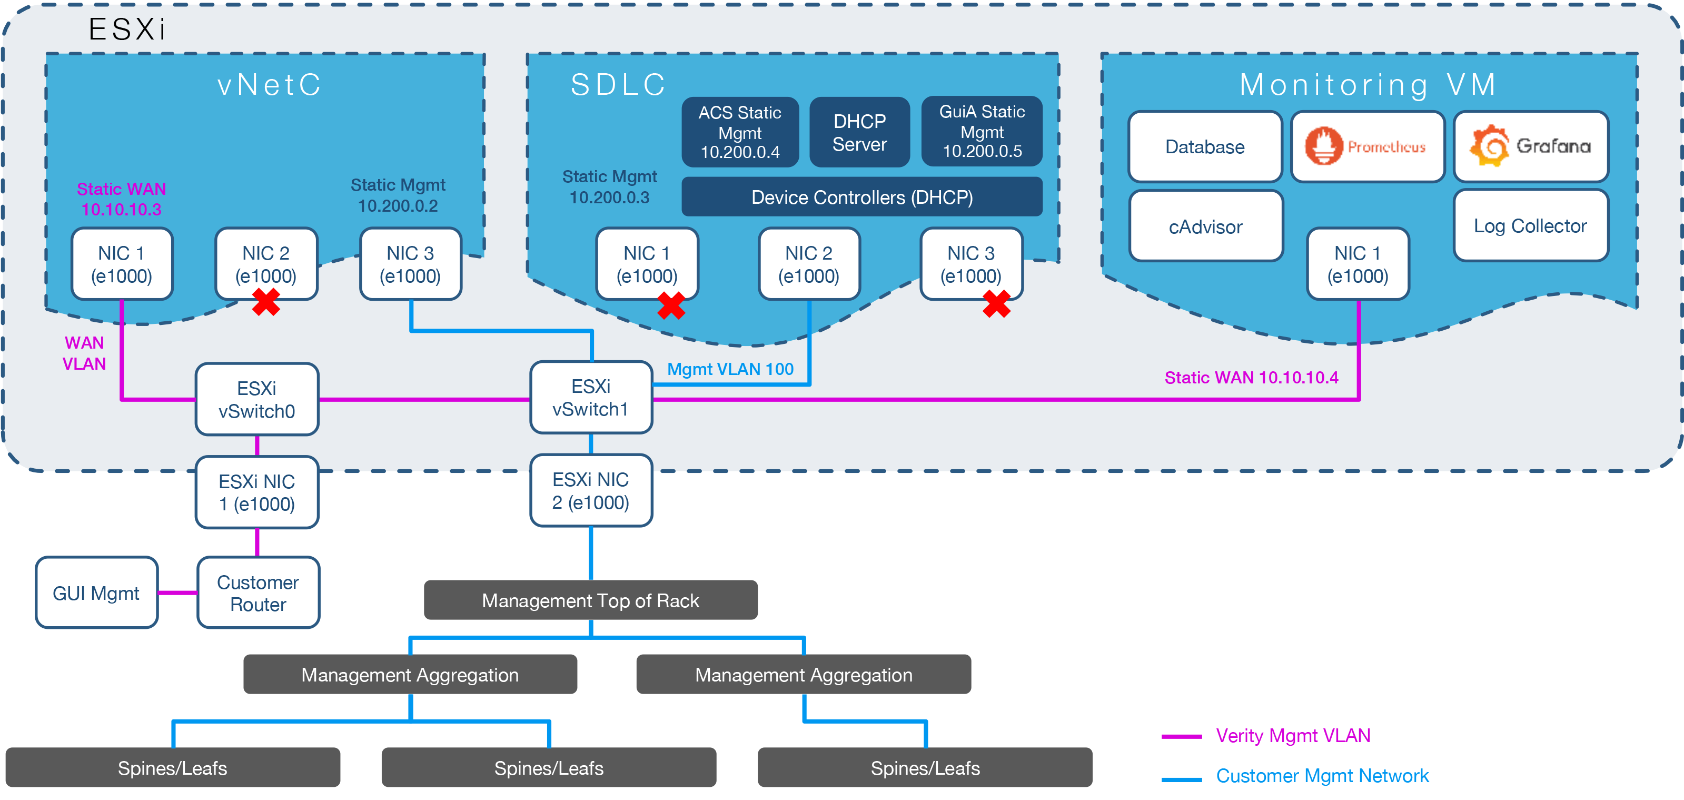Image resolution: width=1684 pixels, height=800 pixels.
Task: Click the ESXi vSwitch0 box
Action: [x=257, y=399]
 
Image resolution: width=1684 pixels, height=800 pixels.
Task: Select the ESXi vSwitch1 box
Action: [x=590, y=398]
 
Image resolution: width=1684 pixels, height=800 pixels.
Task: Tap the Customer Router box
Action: [x=257, y=593]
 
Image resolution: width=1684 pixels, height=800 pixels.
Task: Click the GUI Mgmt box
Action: [x=96, y=593]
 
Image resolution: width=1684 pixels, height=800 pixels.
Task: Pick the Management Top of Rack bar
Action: [x=590, y=600]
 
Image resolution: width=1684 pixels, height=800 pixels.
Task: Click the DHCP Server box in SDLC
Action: [x=859, y=133]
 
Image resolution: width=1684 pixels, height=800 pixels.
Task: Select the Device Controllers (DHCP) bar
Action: [x=861, y=197]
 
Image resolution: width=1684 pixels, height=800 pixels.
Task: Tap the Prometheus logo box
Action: [x=1367, y=146]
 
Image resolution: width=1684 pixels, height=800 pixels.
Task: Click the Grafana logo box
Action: [x=1530, y=146]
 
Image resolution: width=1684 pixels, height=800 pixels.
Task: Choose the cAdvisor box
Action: [x=1205, y=226]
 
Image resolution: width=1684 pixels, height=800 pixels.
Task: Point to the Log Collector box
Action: [x=1530, y=225]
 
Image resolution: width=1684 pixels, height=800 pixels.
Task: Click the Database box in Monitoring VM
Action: [x=1204, y=146]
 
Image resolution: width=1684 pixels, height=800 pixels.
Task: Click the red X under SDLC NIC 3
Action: [x=996, y=304]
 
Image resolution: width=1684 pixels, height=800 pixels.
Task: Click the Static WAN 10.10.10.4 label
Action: [x=1251, y=377]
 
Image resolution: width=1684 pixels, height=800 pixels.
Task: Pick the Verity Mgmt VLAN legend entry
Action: [x=1292, y=736]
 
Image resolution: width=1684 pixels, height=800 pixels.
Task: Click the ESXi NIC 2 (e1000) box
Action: [x=590, y=491]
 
